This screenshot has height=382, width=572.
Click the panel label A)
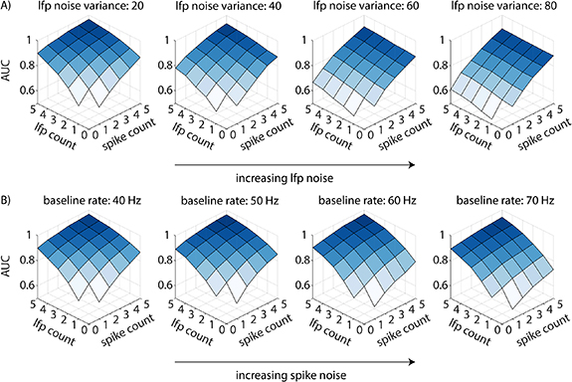[x=10, y=9]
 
